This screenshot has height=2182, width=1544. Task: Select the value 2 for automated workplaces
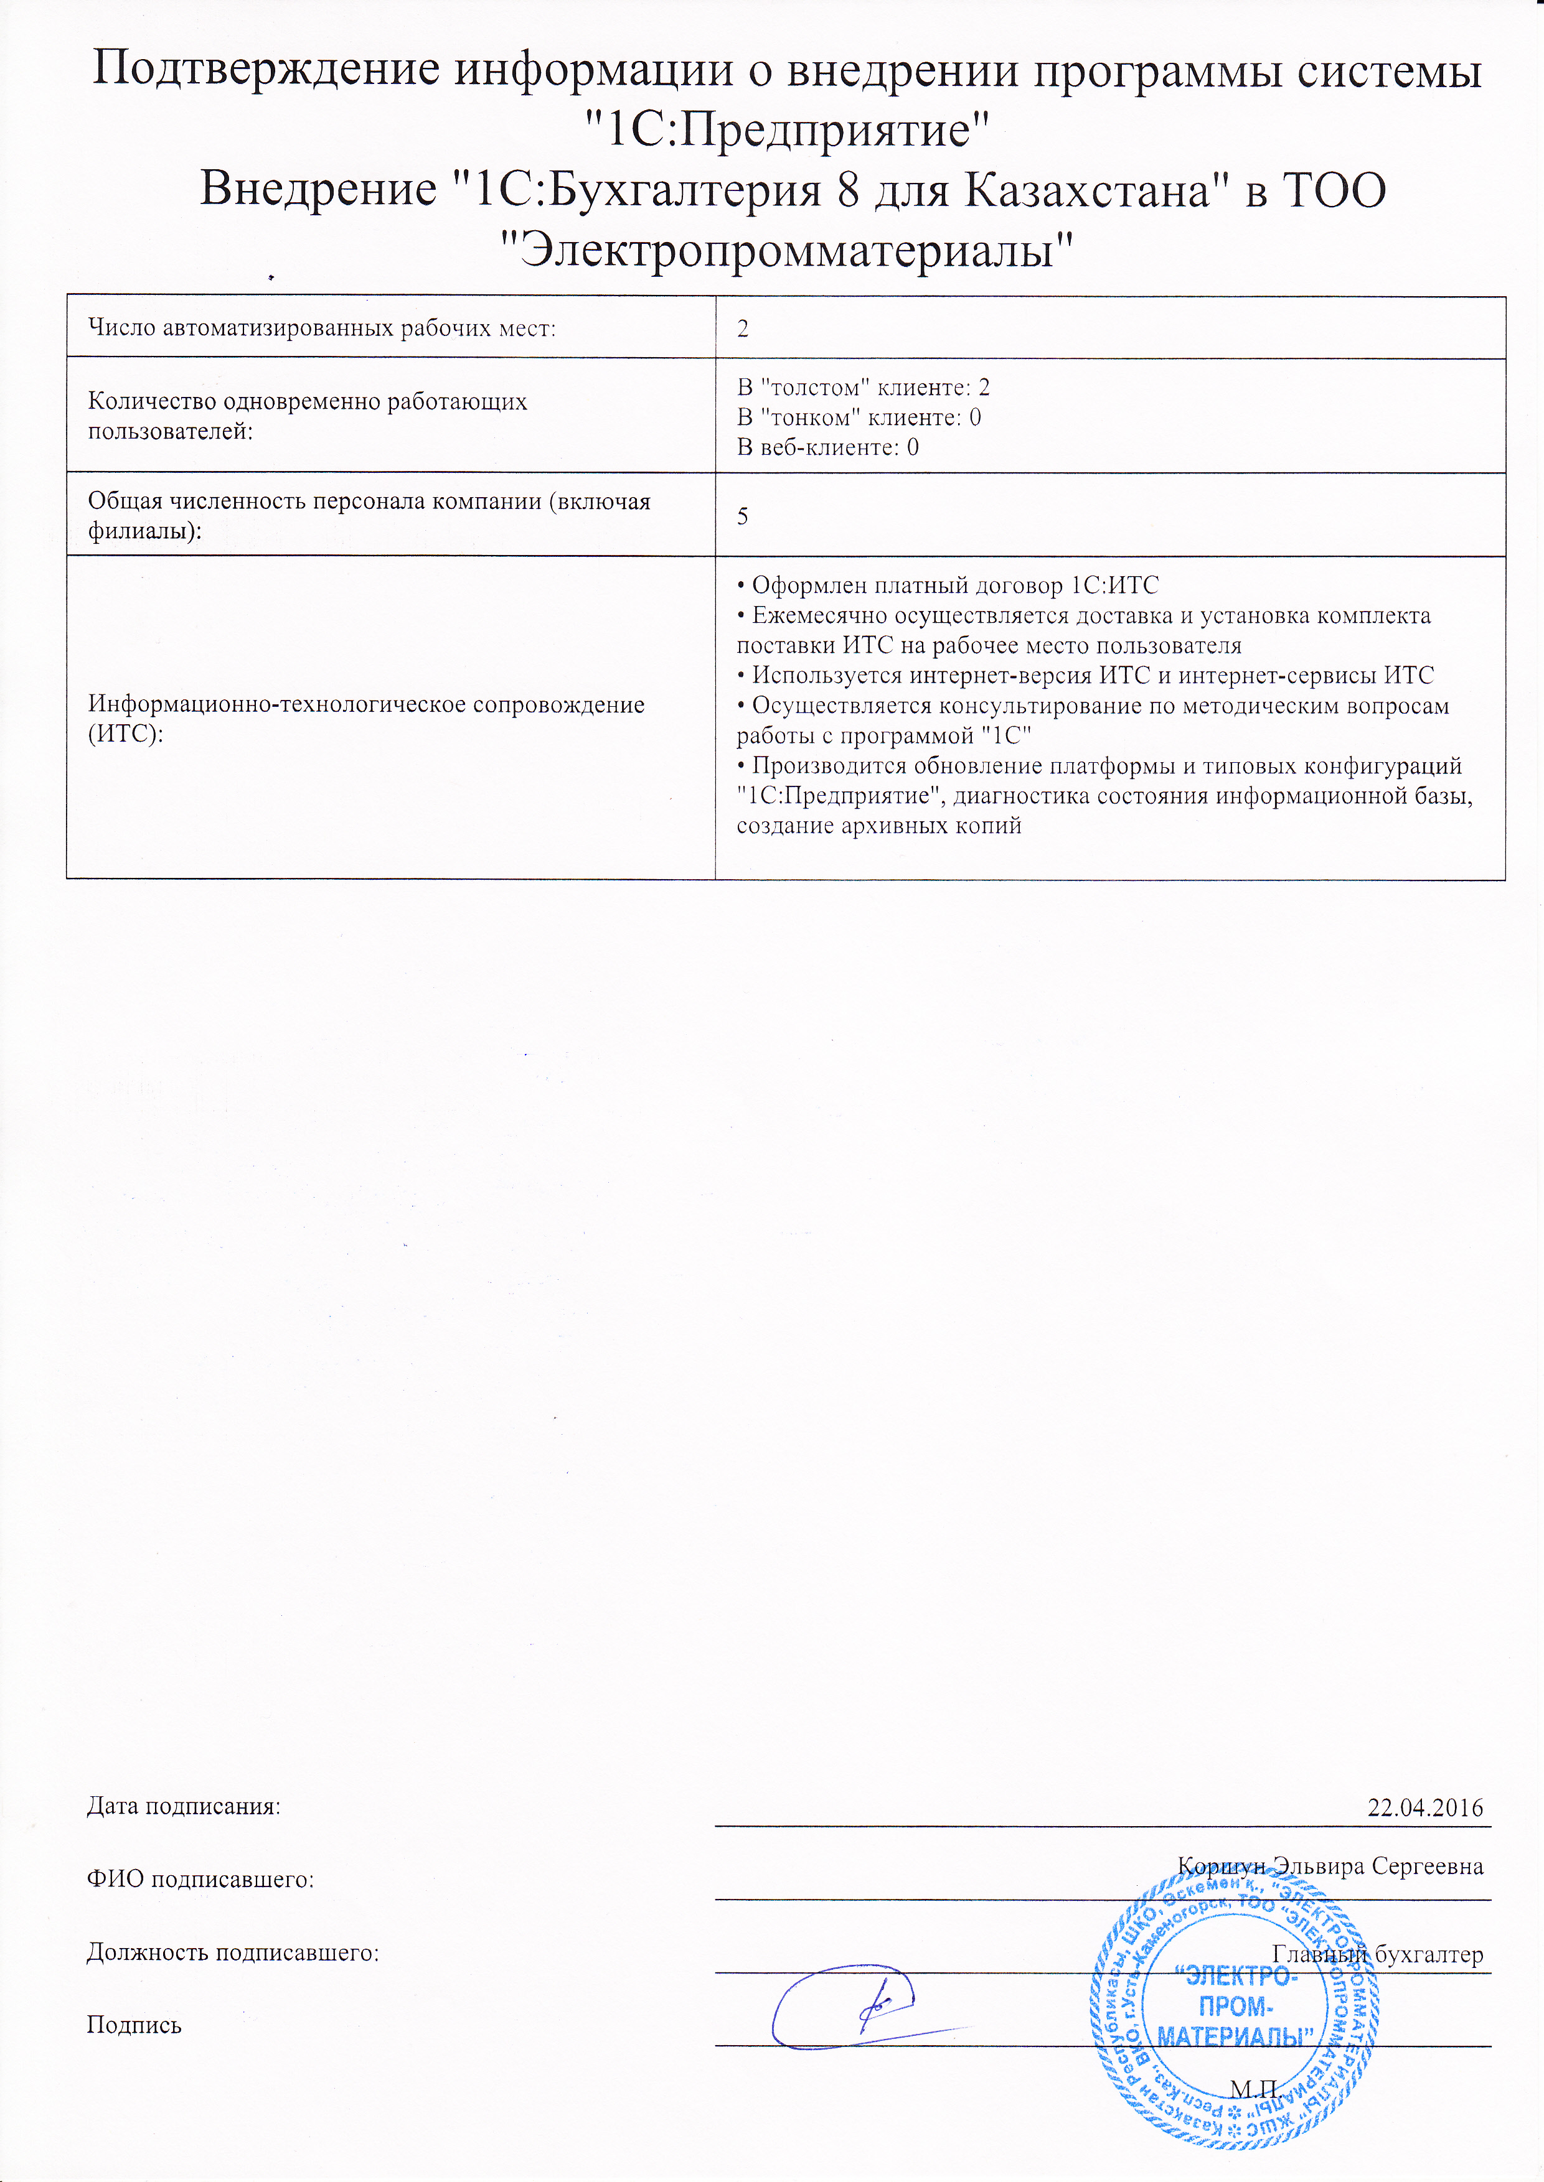click(x=743, y=329)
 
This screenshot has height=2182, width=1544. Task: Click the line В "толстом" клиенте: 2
click(x=864, y=387)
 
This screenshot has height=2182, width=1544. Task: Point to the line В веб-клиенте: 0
click(x=828, y=447)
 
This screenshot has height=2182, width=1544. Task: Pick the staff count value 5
click(x=743, y=515)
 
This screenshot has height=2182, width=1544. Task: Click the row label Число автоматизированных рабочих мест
click(x=321, y=329)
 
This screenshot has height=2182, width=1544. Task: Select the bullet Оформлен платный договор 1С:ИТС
click(x=949, y=585)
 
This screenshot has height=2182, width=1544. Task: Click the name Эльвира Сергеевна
click(x=1378, y=1865)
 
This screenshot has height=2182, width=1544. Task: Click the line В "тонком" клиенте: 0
click(x=859, y=417)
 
